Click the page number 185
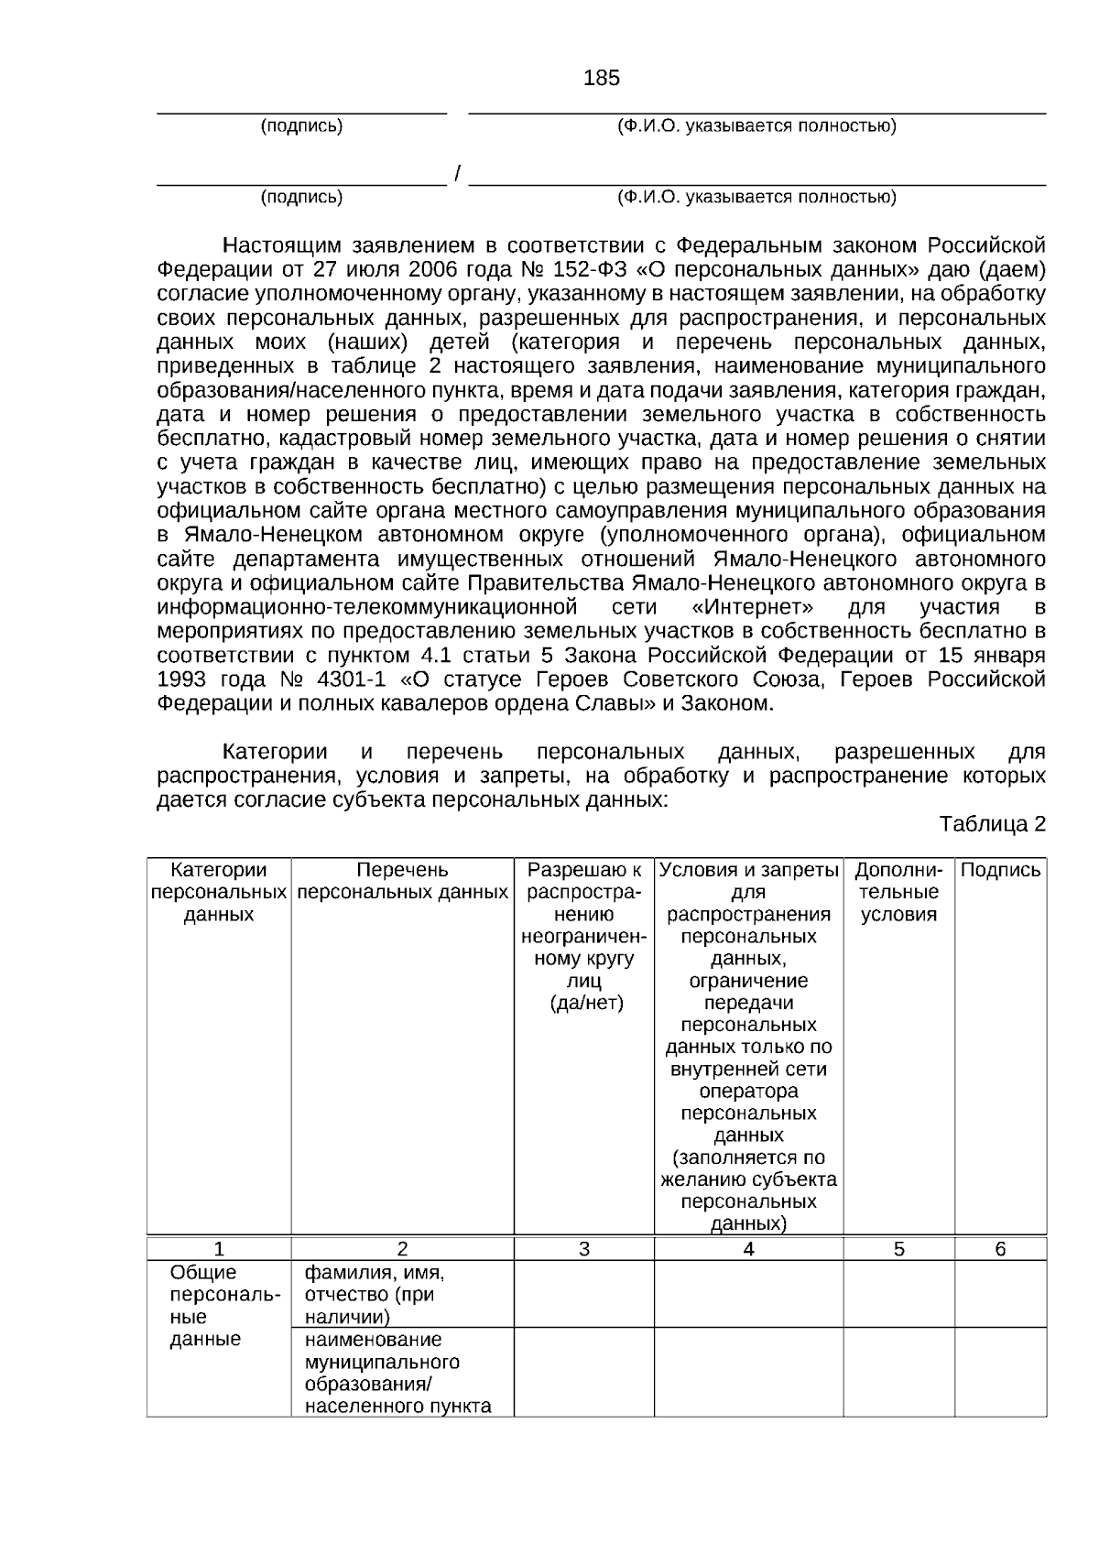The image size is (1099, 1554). click(x=601, y=79)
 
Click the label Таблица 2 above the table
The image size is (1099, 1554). click(x=992, y=824)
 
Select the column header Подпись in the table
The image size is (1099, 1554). click(x=1000, y=871)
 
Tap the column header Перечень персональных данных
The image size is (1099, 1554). click(x=402, y=881)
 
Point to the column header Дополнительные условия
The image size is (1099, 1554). click(x=898, y=892)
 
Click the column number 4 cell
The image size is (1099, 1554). click(x=748, y=1249)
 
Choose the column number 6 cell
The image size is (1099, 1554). click(x=1000, y=1249)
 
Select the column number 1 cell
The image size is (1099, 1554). click(x=219, y=1249)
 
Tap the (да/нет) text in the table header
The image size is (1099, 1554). click(x=586, y=1004)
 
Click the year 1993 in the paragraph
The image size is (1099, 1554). click(x=181, y=679)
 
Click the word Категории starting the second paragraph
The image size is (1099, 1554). click(x=275, y=753)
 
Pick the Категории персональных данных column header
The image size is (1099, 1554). click(x=219, y=892)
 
